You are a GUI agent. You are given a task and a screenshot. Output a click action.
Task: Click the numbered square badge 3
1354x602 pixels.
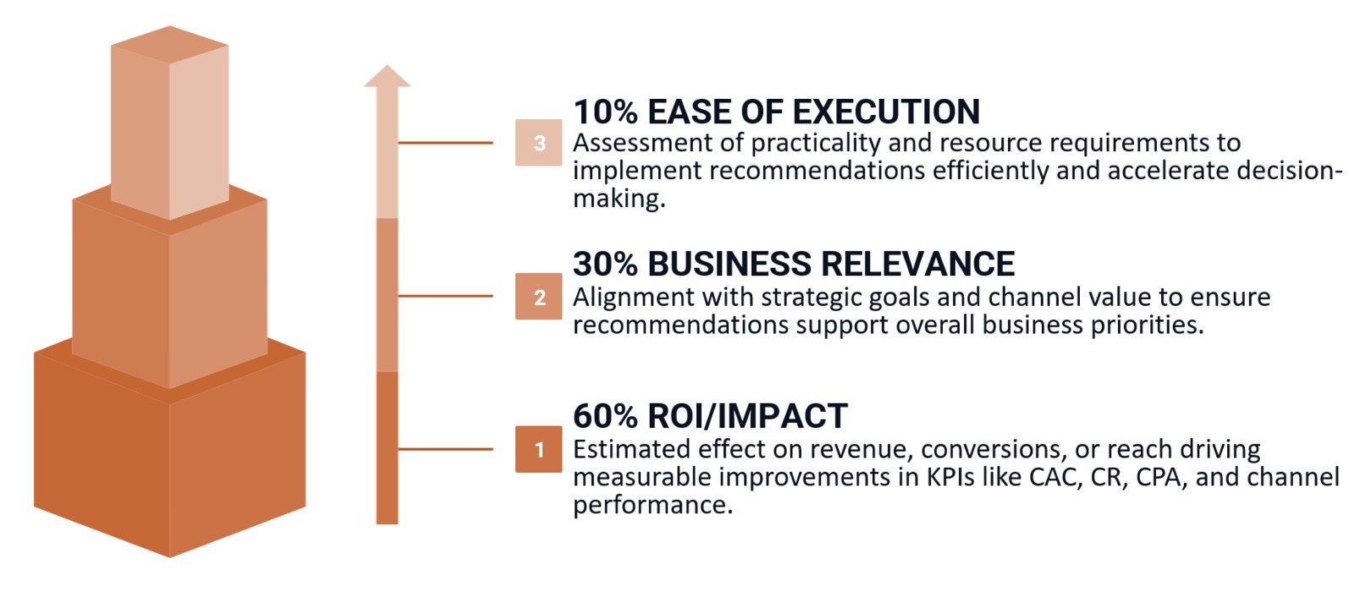(538, 143)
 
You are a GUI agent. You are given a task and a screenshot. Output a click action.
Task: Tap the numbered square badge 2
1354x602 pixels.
(538, 297)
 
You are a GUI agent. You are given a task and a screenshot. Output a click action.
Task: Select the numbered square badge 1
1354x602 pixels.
(538, 449)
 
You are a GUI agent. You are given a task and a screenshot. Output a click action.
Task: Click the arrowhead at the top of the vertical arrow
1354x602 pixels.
(388, 76)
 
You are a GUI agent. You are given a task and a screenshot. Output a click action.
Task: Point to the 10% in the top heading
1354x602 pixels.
(605, 112)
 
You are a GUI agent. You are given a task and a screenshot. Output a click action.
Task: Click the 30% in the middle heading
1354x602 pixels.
(605, 264)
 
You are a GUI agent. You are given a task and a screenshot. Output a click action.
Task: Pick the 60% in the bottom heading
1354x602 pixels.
(605, 416)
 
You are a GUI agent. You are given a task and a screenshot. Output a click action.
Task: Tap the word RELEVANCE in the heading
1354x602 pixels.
(917, 264)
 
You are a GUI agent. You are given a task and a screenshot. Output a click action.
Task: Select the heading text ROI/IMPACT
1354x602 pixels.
(747, 416)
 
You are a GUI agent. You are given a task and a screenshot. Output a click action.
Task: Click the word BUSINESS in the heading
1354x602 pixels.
(729, 264)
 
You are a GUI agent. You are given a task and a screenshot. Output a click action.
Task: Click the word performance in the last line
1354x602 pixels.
(652, 506)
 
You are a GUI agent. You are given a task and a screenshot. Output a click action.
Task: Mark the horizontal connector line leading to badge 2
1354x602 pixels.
(445, 296)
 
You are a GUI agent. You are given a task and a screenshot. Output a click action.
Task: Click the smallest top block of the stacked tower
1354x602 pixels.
(169, 127)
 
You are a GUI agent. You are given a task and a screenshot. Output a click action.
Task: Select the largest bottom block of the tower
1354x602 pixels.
(169, 457)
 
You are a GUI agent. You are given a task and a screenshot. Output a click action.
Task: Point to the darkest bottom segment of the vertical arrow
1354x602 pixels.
(388, 448)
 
